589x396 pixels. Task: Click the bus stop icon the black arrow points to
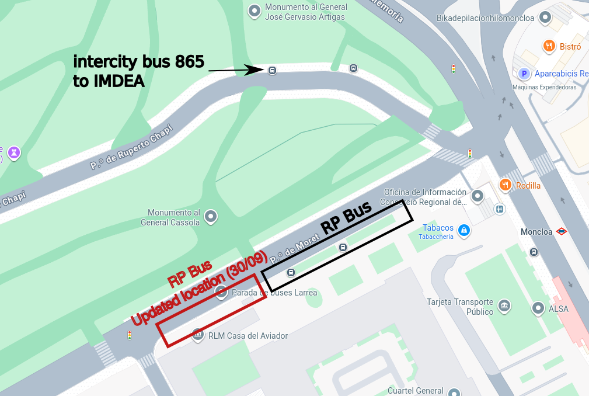(272, 70)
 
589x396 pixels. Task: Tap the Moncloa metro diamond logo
(562, 231)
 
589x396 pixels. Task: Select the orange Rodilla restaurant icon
(506, 185)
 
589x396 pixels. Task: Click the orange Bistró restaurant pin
(549, 46)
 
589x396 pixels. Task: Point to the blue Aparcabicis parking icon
(524, 74)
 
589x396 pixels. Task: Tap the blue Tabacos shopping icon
(463, 231)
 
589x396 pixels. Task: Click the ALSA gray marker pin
(538, 308)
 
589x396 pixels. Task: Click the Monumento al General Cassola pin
(211, 217)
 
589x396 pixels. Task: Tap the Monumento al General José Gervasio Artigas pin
(254, 11)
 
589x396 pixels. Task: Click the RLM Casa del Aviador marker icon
(198, 335)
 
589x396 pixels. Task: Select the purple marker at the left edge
(14, 153)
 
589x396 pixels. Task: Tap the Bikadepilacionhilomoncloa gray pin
(545, 18)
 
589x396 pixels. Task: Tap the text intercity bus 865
(138, 62)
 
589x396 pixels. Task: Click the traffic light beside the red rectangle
(129, 335)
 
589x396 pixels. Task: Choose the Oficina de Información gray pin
(478, 196)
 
